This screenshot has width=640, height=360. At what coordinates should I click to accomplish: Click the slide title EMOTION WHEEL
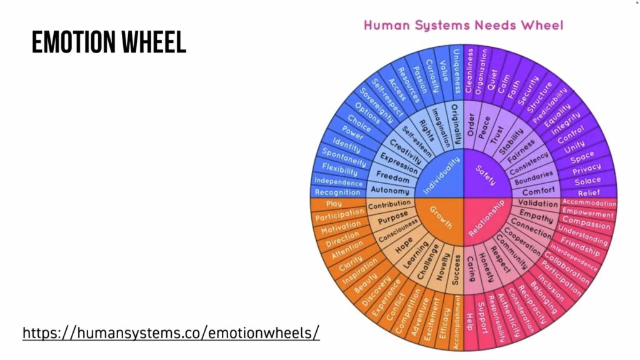(109, 42)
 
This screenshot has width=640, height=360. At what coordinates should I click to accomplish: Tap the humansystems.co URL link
(171, 332)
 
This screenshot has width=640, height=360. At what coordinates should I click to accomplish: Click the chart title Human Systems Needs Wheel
(463, 25)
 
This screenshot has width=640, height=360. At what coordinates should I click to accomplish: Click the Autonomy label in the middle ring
(390, 190)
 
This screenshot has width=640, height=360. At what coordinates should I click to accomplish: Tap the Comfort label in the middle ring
(538, 191)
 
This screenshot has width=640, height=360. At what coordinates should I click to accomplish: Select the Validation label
(538, 204)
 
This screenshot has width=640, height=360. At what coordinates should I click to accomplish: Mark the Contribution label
(389, 204)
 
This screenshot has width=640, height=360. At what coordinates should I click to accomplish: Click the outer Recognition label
(337, 192)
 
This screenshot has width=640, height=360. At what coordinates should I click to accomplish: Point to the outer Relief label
(588, 192)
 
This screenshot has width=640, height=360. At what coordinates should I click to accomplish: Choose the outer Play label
(334, 204)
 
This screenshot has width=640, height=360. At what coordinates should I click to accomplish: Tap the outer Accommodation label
(589, 202)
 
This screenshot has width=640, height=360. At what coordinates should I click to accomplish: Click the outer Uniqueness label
(457, 70)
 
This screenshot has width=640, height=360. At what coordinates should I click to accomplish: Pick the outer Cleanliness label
(470, 71)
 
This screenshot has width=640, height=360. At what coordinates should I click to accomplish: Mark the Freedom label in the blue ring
(392, 177)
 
